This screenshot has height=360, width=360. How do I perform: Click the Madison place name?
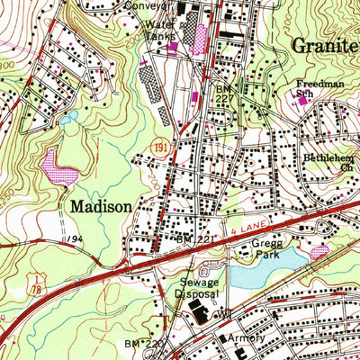coord(100,206)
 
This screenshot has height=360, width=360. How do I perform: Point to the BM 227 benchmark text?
coord(224,95)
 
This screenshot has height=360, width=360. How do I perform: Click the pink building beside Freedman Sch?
coord(302,100)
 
